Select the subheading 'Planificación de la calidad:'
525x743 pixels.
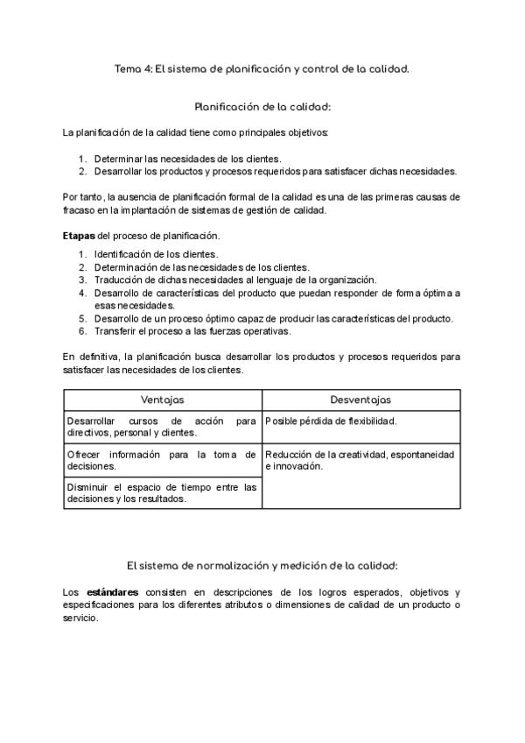(262, 107)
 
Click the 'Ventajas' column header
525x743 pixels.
(163, 400)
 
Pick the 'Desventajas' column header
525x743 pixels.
(361, 400)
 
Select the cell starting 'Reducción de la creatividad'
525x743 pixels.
(359, 460)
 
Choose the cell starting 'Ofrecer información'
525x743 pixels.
(161, 460)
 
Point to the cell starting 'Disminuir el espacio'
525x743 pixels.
(161, 492)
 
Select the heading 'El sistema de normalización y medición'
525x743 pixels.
(262, 565)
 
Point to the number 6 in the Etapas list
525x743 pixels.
(81, 331)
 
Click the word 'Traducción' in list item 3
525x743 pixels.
(117, 280)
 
